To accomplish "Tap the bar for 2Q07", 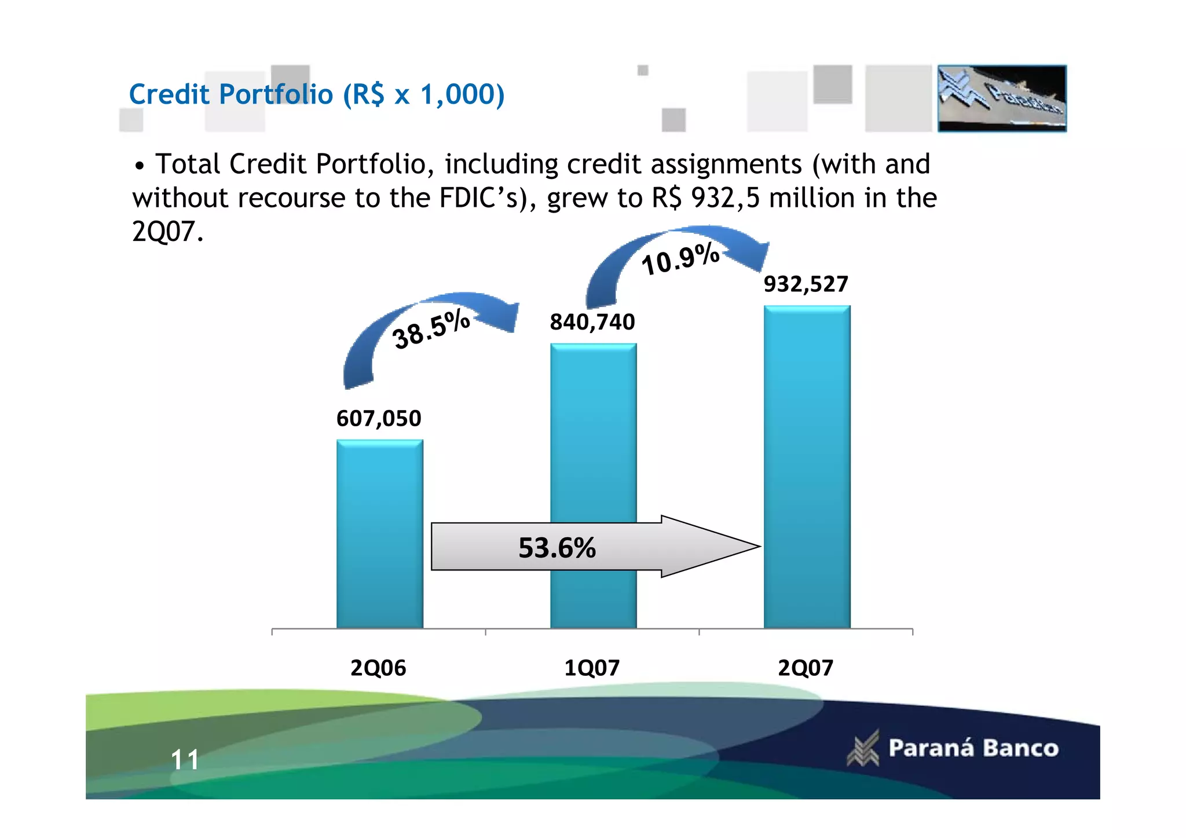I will [x=807, y=463].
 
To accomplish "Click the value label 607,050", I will [x=379, y=419].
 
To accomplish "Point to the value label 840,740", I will [x=592, y=322].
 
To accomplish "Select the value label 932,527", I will [x=806, y=284].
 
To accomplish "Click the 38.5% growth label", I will [x=431, y=329].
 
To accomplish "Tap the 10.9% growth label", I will [x=680, y=259].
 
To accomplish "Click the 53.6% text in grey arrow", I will [x=557, y=548].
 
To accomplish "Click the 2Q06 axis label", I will [x=378, y=668].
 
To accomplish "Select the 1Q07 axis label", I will [x=592, y=668].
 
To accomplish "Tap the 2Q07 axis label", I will [x=806, y=668].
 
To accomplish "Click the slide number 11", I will [x=185, y=760].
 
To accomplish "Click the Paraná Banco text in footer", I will [x=973, y=748].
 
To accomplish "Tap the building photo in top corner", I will [x=1002, y=98].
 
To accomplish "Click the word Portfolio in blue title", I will [x=276, y=94].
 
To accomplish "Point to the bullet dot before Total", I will [x=139, y=167].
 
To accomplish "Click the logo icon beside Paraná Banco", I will [x=863, y=748].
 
